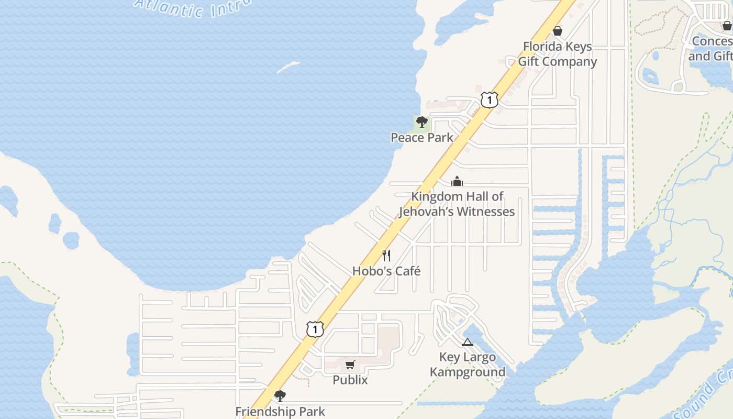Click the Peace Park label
tap(421, 138)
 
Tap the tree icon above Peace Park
tap(421, 123)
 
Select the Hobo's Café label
tap(386, 271)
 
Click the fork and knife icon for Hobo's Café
tap(386, 256)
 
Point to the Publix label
tap(350, 380)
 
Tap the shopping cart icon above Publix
tap(350, 365)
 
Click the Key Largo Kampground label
tap(468, 365)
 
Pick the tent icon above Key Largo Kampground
tap(468, 343)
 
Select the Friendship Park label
tap(280, 412)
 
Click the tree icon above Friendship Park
tap(280, 396)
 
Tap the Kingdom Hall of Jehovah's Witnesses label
tap(457, 204)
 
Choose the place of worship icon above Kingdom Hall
tap(457, 182)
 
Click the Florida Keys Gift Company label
tap(558, 54)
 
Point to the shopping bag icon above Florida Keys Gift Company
tap(558, 31)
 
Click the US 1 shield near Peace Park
tap(489, 100)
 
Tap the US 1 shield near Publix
tap(315, 329)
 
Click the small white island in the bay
tap(288, 67)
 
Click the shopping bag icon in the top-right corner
tap(727, 26)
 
